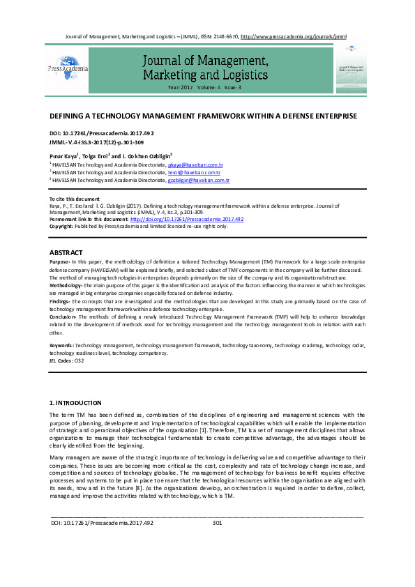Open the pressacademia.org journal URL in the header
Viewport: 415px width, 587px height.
pyautogui.click(x=293, y=36)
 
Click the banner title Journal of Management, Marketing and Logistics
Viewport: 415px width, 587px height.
pyautogui.click(x=204, y=67)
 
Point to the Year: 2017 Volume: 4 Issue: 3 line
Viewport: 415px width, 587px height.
pyautogui.click(x=204, y=88)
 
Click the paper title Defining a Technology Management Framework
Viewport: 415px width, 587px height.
pyautogui.click(x=203, y=115)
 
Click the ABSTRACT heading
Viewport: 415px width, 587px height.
pyautogui.click(x=66, y=252)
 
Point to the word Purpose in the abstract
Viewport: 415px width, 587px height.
pyautogui.click(x=59, y=261)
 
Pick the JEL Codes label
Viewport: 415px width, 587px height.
pyautogui.click(x=61, y=361)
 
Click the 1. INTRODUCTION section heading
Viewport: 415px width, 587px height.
pyautogui.click(x=75, y=403)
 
